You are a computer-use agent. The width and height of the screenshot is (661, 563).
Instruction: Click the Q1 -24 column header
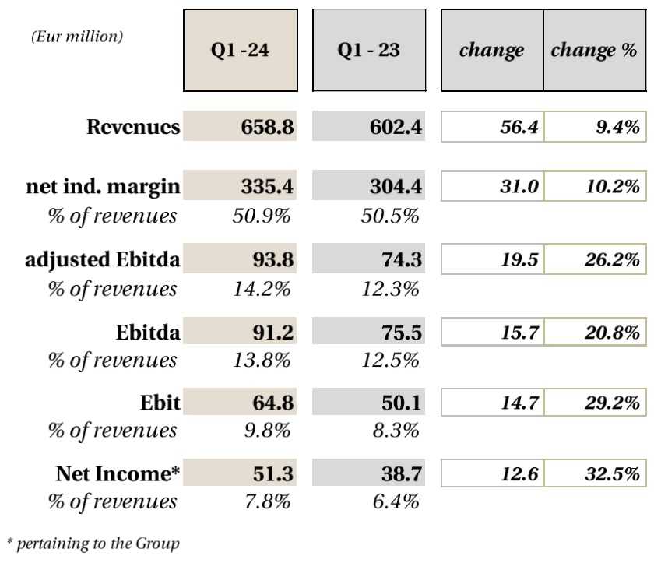point(241,51)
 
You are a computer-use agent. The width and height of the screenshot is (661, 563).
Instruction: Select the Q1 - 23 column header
point(369,51)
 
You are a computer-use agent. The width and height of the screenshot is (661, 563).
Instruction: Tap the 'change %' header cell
point(594,51)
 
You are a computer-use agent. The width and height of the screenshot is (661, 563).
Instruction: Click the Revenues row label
point(133,127)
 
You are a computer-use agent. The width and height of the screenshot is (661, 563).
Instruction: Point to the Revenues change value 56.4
point(518,127)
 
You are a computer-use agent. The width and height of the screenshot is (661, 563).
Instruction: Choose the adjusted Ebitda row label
point(103,261)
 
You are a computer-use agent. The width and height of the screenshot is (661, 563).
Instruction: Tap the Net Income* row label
point(118,474)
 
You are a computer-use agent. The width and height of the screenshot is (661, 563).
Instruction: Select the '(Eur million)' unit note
point(77,36)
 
